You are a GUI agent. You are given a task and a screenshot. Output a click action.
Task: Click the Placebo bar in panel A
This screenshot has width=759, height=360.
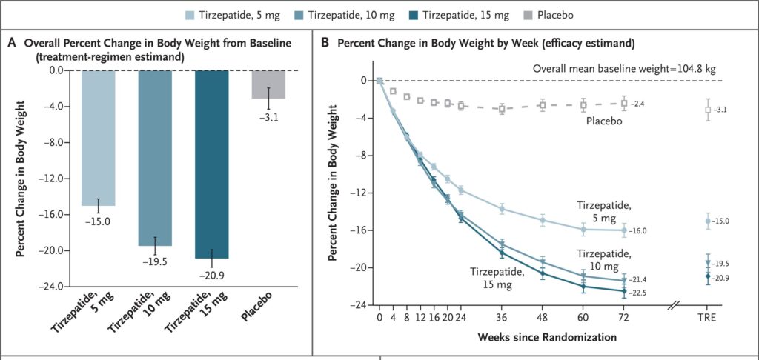pos(268,84)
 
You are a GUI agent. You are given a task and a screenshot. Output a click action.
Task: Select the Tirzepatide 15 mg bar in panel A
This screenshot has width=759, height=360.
pos(212,164)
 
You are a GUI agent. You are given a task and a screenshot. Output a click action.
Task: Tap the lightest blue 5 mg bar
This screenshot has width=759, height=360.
pos(98,138)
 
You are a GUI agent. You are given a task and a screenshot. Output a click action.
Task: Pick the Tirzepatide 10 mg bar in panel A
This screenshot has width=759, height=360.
pos(155,158)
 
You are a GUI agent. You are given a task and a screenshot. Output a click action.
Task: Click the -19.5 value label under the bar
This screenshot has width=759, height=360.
pos(155,261)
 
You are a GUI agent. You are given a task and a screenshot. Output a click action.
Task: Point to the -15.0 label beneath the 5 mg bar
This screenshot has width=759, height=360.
pos(98,221)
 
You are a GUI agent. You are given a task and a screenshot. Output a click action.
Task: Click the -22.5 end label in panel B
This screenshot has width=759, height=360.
pos(639,293)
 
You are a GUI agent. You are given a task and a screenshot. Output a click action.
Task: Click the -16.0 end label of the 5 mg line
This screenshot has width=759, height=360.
pos(639,231)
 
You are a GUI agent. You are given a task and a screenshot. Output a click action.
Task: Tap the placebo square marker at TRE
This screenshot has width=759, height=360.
pos(708,110)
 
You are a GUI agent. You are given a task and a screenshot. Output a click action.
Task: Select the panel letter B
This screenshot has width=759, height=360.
pos(324,43)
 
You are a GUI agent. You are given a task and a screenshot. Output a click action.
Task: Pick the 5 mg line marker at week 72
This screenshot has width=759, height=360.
pos(624,230)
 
